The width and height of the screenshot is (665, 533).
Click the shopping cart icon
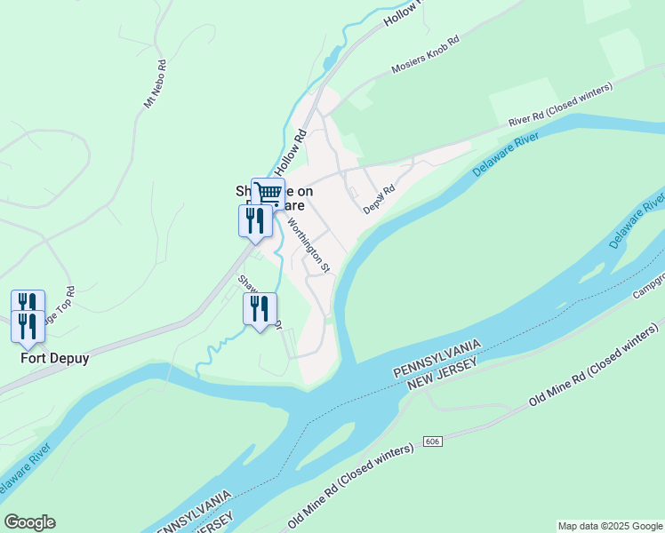[x=268, y=193]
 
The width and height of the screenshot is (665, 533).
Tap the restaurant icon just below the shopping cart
[x=255, y=219]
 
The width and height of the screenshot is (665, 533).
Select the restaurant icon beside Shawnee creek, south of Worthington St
[x=260, y=309]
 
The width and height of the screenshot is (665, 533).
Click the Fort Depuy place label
[x=55, y=359]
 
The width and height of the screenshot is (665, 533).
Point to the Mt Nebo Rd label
[x=155, y=84]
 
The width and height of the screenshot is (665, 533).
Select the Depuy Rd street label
[x=379, y=200]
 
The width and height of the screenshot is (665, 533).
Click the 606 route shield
[x=433, y=442]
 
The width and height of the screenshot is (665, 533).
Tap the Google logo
[x=29, y=522]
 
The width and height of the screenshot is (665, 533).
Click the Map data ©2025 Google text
[x=610, y=526]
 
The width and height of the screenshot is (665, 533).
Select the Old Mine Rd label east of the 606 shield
[x=595, y=371]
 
